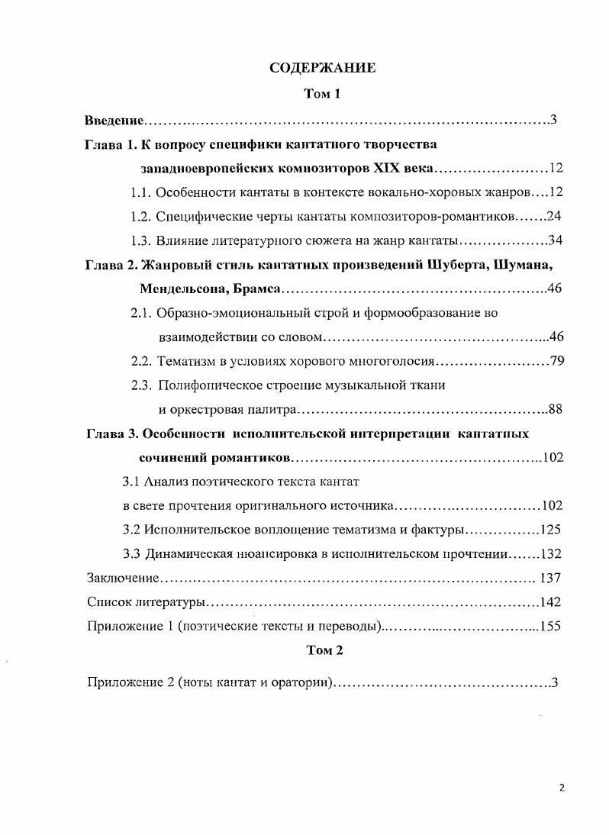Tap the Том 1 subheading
tap(322, 94)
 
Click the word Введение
tap(114, 120)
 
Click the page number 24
tap(555, 217)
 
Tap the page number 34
tap(556, 241)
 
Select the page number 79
tap(556, 361)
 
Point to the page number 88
tap(556, 410)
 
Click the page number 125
tap(551, 529)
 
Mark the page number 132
tap(551, 553)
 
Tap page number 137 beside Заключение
tap(551, 578)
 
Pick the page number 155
tap(551, 626)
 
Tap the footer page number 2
tap(562, 789)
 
